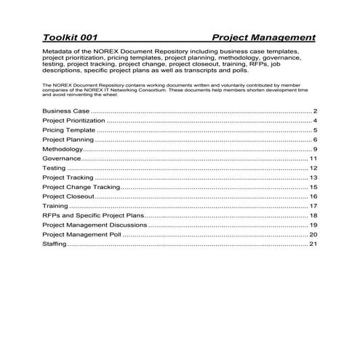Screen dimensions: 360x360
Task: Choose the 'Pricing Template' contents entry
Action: click(x=68, y=129)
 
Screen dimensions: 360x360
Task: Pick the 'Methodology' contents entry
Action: click(x=63, y=148)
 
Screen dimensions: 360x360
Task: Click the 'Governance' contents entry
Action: click(x=61, y=158)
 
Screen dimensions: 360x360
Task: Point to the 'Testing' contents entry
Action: click(x=55, y=168)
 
